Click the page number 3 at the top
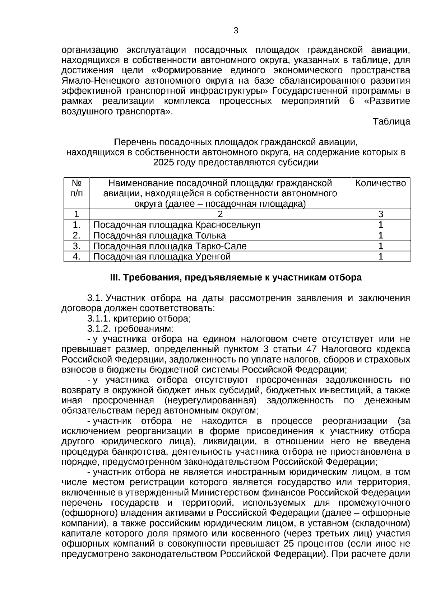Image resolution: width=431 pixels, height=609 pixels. click(x=236, y=31)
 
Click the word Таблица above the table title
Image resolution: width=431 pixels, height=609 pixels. click(x=391, y=122)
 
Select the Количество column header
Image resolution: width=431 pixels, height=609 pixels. click(x=381, y=183)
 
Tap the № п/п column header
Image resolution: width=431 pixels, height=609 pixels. click(x=77, y=188)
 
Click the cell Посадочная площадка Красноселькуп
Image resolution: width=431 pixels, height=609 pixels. click(x=177, y=225)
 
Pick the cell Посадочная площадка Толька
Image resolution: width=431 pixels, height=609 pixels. click(x=159, y=235)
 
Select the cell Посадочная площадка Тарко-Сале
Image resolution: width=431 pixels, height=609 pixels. click(x=170, y=246)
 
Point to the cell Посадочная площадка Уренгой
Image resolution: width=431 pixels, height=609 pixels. click(x=162, y=257)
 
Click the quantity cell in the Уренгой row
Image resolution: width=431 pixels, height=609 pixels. click(x=381, y=257)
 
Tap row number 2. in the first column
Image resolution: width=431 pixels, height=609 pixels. click(x=77, y=235)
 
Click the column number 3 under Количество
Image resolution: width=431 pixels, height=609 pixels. click(x=381, y=214)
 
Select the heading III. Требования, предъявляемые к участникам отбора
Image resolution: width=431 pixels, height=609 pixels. click(x=236, y=278)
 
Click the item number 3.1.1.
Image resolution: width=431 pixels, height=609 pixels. click(x=99, y=319)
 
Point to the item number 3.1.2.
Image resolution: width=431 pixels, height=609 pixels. click(x=99, y=329)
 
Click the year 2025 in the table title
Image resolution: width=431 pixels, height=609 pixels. click(x=163, y=163)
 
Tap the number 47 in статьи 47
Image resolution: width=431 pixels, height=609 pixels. click(x=311, y=349)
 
